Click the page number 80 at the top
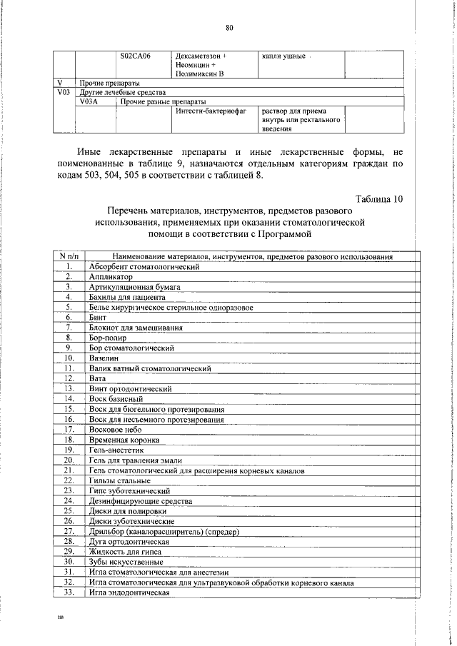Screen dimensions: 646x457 [x=229, y=28]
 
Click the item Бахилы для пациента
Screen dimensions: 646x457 [x=127, y=297]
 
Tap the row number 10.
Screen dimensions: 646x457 [x=69, y=358]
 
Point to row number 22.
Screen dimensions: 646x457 [x=69, y=481]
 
